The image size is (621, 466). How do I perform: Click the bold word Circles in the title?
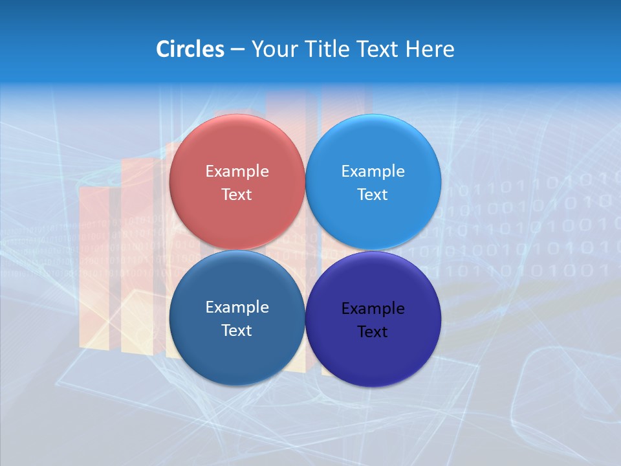pyautogui.click(x=190, y=49)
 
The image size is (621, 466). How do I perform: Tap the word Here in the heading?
pyautogui.click(x=430, y=49)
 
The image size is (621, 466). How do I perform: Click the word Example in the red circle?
pyautogui.click(x=237, y=172)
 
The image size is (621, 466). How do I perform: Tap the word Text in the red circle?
pyautogui.click(x=237, y=194)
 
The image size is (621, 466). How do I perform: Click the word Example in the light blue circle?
pyautogui.click(x=373, y=172)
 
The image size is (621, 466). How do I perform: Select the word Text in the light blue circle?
pyautogui.click(x=373, y=194)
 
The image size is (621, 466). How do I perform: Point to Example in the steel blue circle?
pyautogui.click(x=237, y=307)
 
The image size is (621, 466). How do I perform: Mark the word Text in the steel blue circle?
pyautogui.click(x=237, y=330)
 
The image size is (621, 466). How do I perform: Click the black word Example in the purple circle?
pyautogui.click(x=373, y=309)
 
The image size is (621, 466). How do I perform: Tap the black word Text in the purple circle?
pyautogui.click(x=373, y=332)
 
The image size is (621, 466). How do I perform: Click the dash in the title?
pyautogui.click(x=237, y=49)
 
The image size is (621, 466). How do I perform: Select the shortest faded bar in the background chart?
pyautogui.click(x=94, y=265)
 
